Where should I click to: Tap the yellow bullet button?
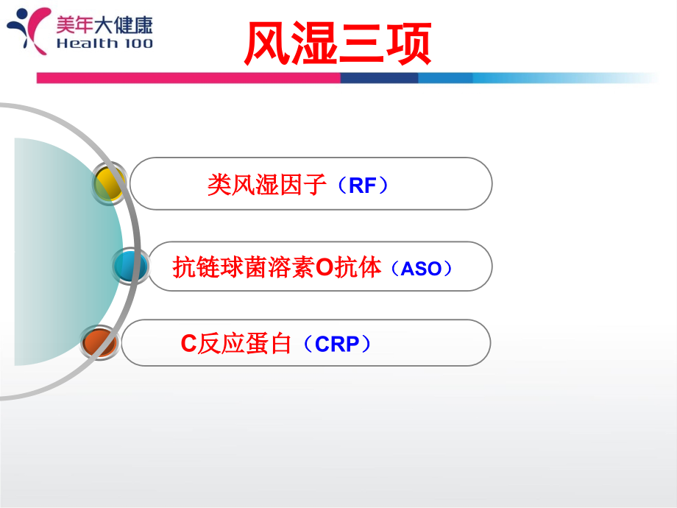(110, 183)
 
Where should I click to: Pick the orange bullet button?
(99, 343)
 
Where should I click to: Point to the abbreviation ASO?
(422, 269)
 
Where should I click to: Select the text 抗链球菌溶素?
(243, 267)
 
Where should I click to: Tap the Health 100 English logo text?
(104, 43)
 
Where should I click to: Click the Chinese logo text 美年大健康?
(104, 25)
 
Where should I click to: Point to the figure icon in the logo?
(29, 29)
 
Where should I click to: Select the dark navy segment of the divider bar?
(379, 78)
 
